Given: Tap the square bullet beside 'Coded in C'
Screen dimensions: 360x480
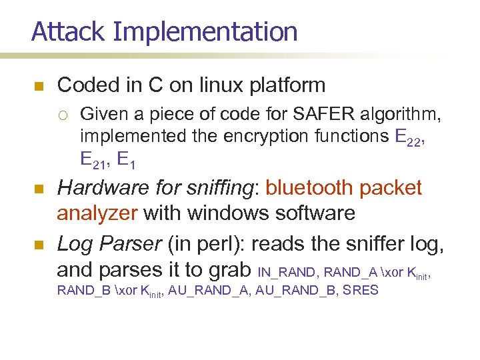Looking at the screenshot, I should click(x=38, y=87).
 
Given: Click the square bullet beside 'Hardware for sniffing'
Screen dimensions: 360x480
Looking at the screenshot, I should click(x=38, y=189).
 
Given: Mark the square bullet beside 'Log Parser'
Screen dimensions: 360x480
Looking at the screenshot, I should click(x=38, y=245).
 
